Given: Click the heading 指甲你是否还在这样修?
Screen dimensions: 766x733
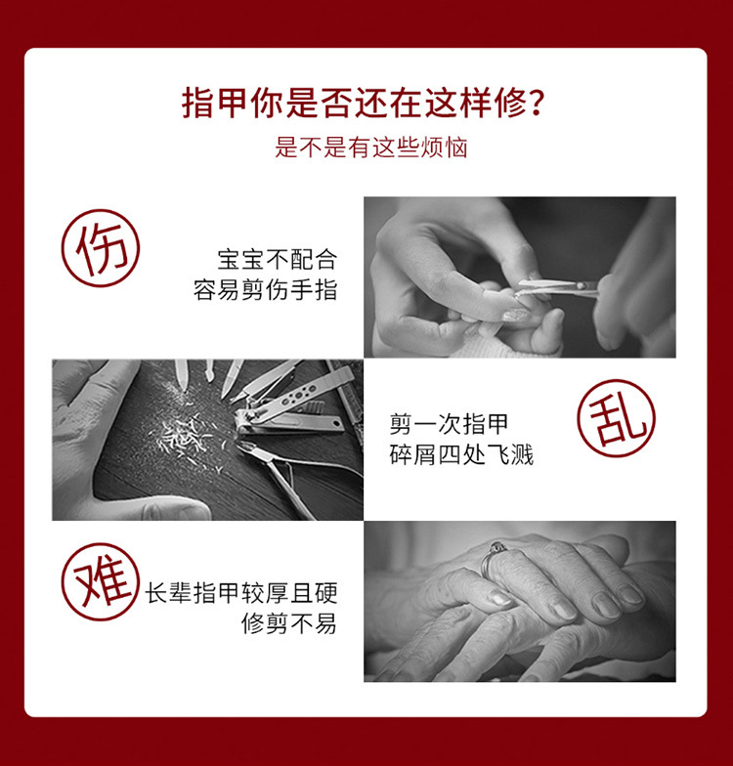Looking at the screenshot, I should [363, 103].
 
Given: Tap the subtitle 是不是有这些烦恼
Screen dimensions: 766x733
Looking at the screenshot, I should [370, 148].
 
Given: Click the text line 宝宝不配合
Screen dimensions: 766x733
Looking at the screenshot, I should [277, 260].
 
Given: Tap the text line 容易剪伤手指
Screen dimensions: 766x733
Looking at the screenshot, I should [265, 290].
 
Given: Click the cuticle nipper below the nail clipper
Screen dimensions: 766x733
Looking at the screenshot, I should [283, 469].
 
